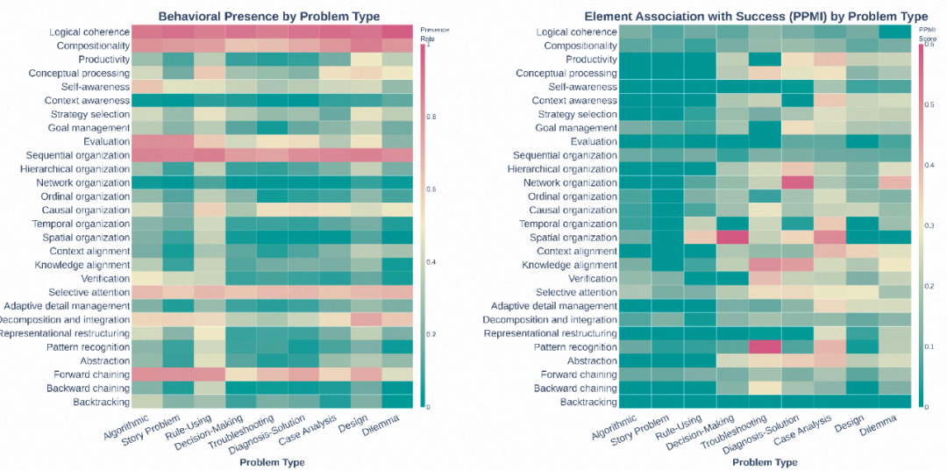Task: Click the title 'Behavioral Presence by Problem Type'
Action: click(268, 16)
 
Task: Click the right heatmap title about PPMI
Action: click(756, 16)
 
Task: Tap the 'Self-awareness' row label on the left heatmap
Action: click(95, 87)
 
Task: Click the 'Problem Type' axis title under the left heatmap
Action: click(272, 461)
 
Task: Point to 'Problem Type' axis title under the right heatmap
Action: click(765, 461)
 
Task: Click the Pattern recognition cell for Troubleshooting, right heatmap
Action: click(765, 346)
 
